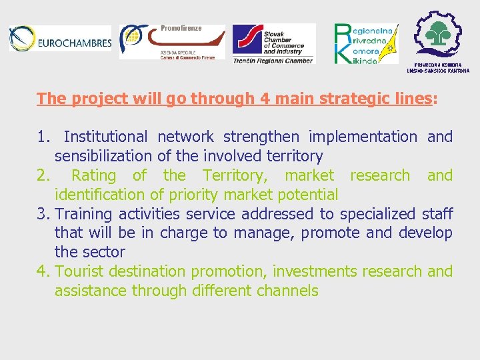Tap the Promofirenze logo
pos(172,43)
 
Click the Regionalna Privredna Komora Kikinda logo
pos(365,44)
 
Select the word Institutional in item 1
pos(105,137)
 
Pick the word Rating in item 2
pos(93,176)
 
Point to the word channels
pos(289,291)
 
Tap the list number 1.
pos(43,137)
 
